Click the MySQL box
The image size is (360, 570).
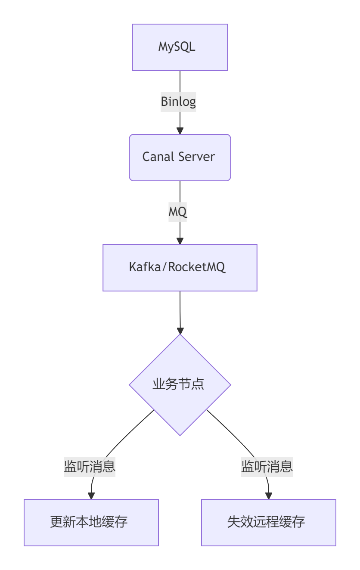tap(180, 47)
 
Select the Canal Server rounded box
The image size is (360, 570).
tap(180, 158)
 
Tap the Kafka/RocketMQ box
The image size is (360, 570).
tap(180, 268)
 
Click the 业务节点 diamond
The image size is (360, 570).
tap(180, 385)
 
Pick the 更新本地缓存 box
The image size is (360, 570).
tap(91, 522)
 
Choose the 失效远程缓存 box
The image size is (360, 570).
tap(269, 522)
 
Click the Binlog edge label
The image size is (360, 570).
tap(178, 102)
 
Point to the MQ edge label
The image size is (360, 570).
tap(178, 212)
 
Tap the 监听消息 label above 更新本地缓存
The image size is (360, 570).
tap(90, 467)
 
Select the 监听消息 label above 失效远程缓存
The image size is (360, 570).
tap(267, 467)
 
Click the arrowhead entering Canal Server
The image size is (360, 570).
tap(180, 131)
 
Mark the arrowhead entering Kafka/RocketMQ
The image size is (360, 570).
tap(180, 241)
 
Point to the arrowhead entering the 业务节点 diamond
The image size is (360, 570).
tap(180, 331)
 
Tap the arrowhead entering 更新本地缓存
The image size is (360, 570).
tap(91, 496)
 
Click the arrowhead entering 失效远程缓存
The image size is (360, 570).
tap(269, 496)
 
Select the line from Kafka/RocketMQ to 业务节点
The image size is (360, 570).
tap(180, 310)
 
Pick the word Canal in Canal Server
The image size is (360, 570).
tap(158, 157)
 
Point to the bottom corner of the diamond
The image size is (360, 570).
tap(180, 436)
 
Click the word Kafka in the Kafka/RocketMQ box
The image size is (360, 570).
tap(145, 267)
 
